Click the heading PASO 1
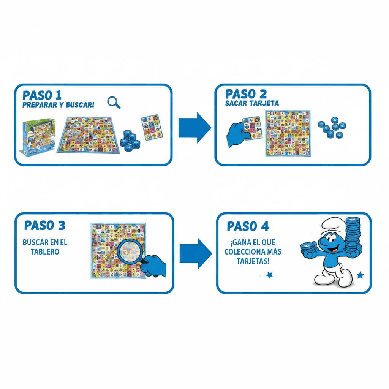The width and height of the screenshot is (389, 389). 42,95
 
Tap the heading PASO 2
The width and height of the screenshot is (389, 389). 246,94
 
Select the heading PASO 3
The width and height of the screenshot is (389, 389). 44,225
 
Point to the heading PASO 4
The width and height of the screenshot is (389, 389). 248,226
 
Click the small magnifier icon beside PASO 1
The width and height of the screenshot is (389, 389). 114,102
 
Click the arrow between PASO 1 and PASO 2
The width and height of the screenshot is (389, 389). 194,127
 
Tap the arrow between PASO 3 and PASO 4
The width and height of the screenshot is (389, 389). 195,254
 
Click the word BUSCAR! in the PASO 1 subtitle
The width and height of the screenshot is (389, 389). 80,105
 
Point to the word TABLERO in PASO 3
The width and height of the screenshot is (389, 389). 45,251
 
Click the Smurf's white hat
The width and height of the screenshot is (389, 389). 330,226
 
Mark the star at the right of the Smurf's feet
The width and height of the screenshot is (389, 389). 360,275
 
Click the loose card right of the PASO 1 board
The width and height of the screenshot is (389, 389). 151,128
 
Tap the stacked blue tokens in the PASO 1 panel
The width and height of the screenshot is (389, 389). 130,139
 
